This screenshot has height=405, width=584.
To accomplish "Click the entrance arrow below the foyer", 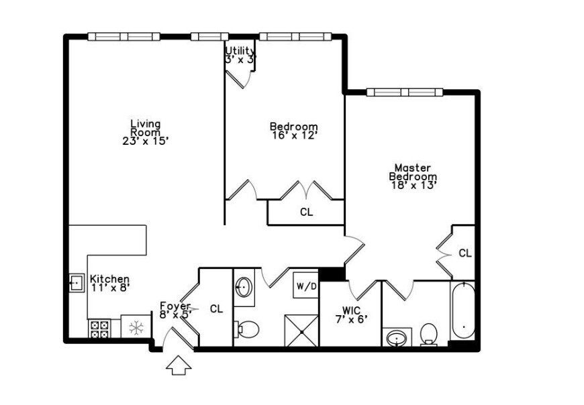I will (179, 366).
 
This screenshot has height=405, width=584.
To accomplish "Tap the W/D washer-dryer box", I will (306, 286).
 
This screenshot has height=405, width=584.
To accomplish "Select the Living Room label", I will (146, 127).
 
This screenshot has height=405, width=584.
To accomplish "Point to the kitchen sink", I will (76, 283).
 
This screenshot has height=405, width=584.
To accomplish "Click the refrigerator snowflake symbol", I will (137, 328).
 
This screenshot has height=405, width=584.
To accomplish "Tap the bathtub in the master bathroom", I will (463, 310).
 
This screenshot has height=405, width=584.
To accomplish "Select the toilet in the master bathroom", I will (428, 334).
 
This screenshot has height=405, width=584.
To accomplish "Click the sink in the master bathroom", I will (397, 337).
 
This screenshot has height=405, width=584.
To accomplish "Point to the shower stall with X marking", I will (301, 331).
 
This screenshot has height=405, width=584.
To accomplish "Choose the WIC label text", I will (351, 310).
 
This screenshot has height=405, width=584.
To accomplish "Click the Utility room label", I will (240, 51).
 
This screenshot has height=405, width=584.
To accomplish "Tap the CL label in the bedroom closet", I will (306, 213).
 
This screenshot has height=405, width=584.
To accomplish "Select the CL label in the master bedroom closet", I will (465, 253).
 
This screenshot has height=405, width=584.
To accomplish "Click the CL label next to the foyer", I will (216, 309).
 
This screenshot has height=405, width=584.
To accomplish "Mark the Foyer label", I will (175, 306).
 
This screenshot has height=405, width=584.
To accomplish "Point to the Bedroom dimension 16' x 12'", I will (293, 135).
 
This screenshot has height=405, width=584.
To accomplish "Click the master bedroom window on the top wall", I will (404, 92).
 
